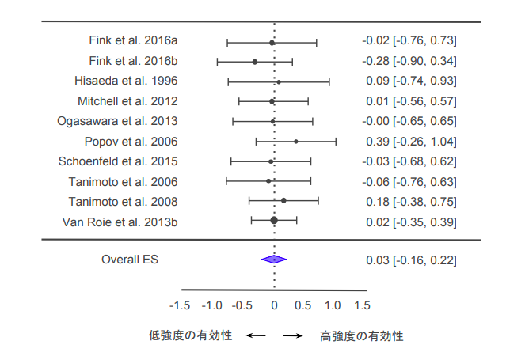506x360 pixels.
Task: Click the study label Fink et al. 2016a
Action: pyautogui.click(x=132, y=41)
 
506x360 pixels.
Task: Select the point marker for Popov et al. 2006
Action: pyautogui.click(x=296, y=142)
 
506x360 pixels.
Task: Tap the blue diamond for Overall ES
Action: pyautogui.click(x=274, y=259)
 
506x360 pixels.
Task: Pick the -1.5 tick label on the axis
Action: pyautogui.click(x=180, y=305)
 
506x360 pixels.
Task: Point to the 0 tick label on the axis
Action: pyautogui.click(x=274, y=305)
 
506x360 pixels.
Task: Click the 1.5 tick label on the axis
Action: pyautogui.click(x=362, y=305)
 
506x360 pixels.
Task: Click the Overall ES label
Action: pyautogui.click(x=130, y=259)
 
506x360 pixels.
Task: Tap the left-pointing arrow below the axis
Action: pyautogui.click(x=255, y=335)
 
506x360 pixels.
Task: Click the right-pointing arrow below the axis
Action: pyautogui.click(x=293, y=335)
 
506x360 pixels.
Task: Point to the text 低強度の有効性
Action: pyautogui.click(x=191, y=335)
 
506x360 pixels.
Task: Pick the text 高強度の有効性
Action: pyautogui.click(x=361, y=335)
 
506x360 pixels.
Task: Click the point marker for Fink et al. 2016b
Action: pyautogui.click(x=255, y=61)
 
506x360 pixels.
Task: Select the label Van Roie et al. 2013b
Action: pyautogui.click(x=120, y=221)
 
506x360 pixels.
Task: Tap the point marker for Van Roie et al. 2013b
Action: pyautogui.click(x=274, y=221)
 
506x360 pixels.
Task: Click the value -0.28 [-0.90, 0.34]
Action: pyautogui.click(x=409, y=61)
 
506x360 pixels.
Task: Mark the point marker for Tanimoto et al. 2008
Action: pyautogui.click(x=283, y=201)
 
